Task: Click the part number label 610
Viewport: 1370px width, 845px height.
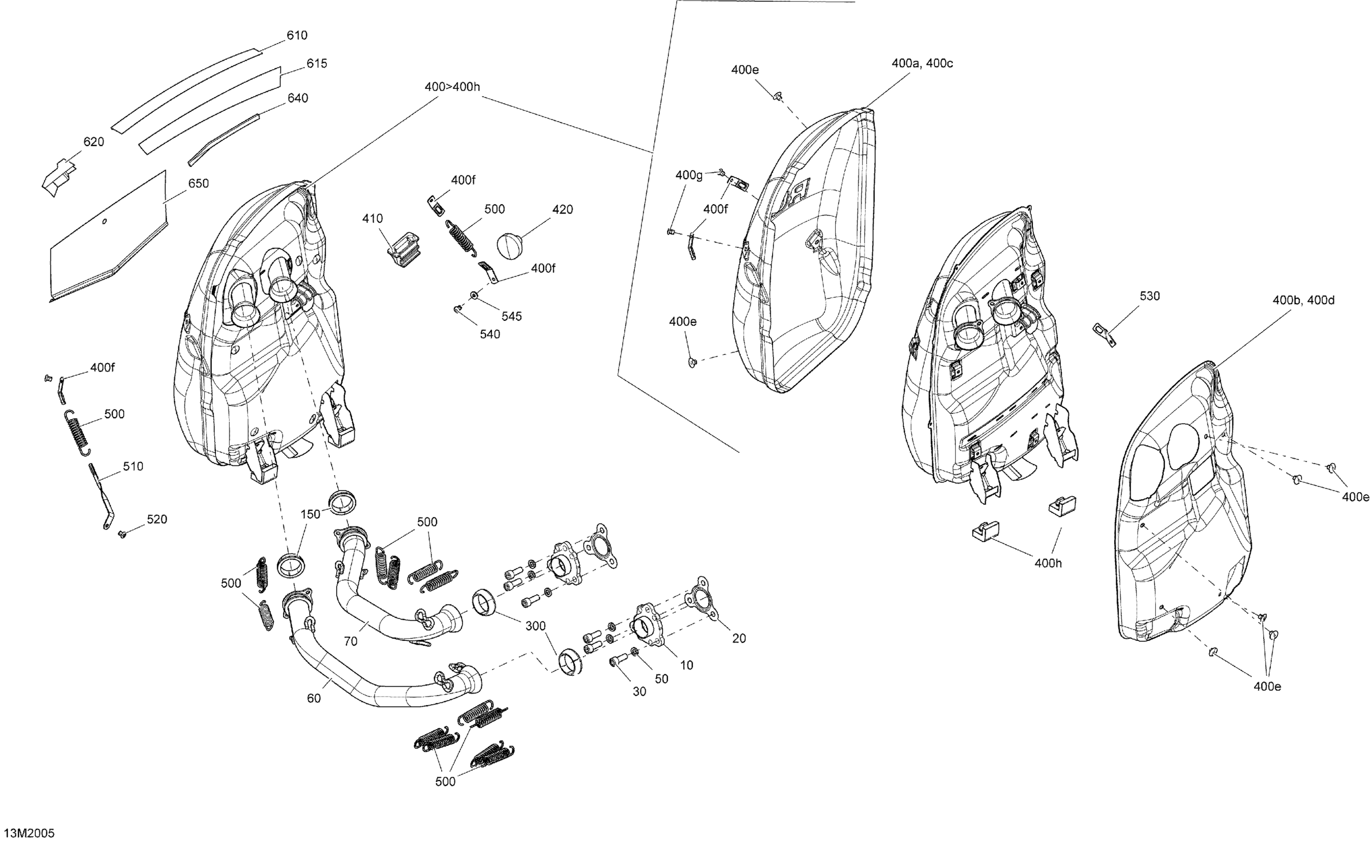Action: coord(297,35)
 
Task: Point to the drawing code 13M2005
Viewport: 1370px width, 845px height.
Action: coord(28,833)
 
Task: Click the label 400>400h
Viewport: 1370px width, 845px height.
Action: coord(452,87)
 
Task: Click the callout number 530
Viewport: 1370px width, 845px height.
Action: coord(1149,296)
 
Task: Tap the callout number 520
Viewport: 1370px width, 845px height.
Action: coord(157,519)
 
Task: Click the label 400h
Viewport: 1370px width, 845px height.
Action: coord(1048,563)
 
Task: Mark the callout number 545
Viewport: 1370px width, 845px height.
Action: coord(511,316)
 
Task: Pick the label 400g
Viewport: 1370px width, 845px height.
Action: coord(689,175)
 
